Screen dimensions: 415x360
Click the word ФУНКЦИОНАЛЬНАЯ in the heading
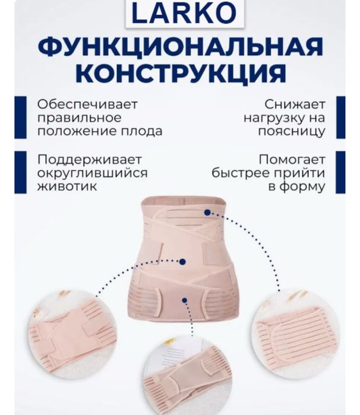click(x=180, y=48)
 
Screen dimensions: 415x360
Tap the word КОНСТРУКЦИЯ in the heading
click(x=180, y=74)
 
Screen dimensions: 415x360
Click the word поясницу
click(x=291, y=131)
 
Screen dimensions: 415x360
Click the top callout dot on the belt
click(x=207, y=212)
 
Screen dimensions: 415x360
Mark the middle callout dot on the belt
click(x=183, y=261)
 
